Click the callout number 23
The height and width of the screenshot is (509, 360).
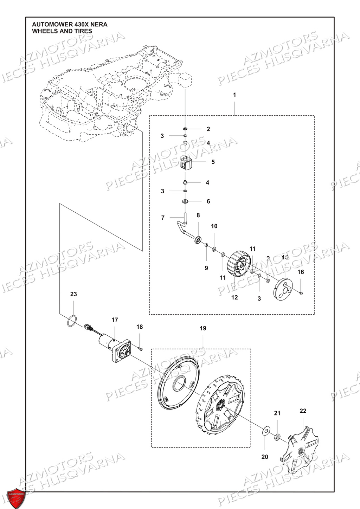pos(73,294)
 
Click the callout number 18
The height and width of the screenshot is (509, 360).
pos(140,327)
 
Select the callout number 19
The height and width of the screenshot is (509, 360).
pos(203,328)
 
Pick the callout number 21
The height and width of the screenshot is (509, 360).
pos(277,413)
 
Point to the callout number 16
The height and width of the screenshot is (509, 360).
pos(301,272)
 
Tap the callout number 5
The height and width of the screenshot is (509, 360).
pos(213,162)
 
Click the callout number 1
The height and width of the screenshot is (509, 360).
pos(234,95)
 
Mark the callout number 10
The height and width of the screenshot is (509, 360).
pos(214,226)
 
